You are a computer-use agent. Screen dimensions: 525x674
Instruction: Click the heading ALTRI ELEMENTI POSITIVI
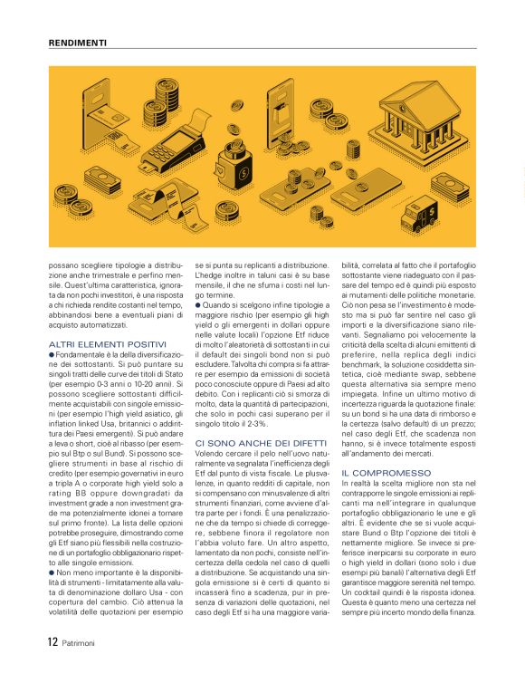(x=96, y=344)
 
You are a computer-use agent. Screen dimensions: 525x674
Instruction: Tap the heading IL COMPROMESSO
(x=379, y=473)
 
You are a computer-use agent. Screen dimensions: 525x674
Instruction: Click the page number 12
(x=52, y=642)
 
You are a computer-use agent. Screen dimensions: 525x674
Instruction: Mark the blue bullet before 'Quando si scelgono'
(x=197, y=304)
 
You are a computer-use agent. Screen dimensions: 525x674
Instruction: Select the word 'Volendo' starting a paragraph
(x=210, y=453)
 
